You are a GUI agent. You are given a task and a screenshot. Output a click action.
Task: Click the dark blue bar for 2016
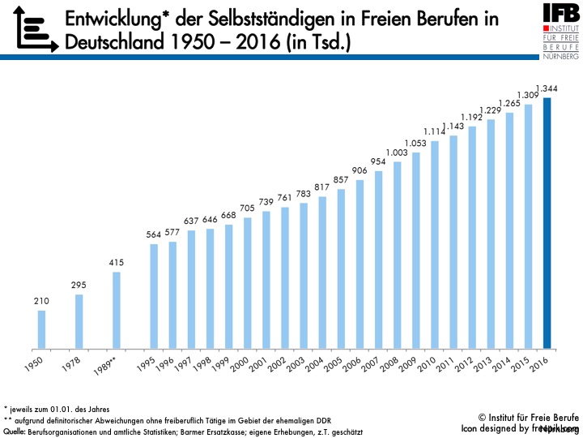click(x=547, y=224)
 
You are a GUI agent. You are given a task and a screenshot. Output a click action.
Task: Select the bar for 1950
click(x=41, y=330)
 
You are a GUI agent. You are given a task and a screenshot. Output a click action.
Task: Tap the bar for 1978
click(x=79, y=322)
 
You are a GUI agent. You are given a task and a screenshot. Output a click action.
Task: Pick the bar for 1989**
click(x=117, y=311)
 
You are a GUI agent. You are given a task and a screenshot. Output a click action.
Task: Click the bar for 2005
click(x=341, y=269)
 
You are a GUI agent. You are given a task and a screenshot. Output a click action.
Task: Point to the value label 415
click(x=117, y=264)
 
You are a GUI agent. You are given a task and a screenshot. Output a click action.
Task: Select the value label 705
click(x=248, y=208)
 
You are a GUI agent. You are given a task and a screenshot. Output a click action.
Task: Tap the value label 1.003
click(x=397, y=152)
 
